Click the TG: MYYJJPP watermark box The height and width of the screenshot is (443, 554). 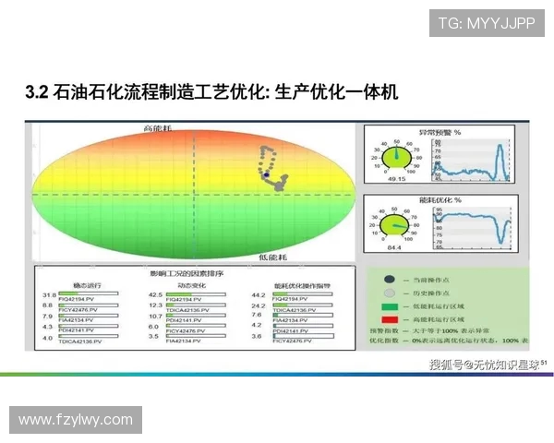click(x=486, y=23)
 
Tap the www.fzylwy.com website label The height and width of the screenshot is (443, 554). click(x=76, y=420)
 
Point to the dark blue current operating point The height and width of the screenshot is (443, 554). click(x=267, y=174)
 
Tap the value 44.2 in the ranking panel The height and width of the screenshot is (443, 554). click(x=259, y=295)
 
